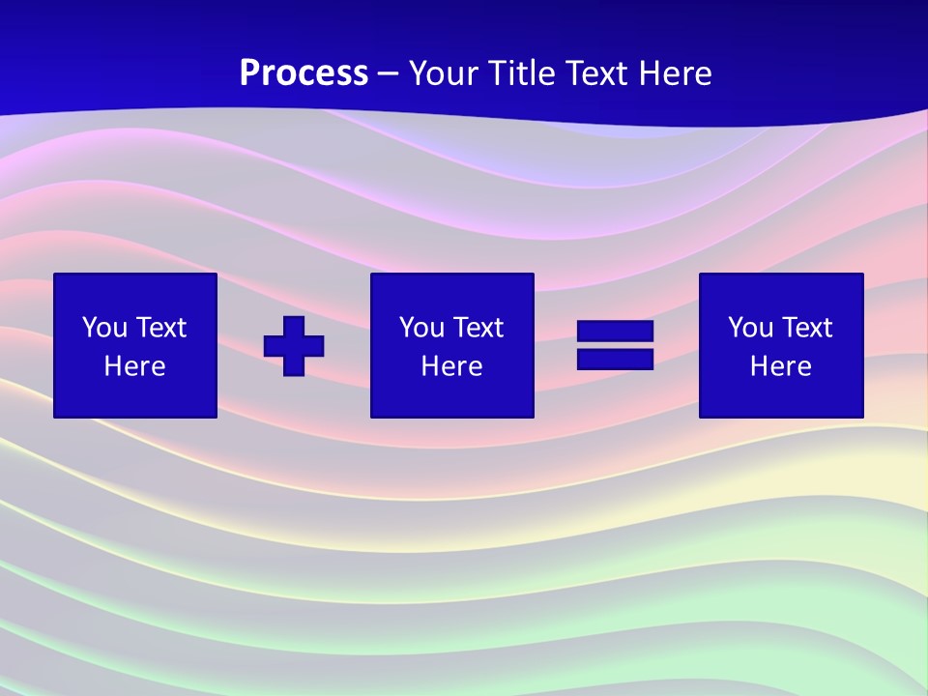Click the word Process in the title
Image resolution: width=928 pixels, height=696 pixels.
click(x=304, y=73)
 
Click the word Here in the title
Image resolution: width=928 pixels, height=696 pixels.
click(x=677, y=73)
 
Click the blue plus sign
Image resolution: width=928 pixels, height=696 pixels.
click(x=294, y=346)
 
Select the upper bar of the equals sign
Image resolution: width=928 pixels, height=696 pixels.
click(x=615, y=332)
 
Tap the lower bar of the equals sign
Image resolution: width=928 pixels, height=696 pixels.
click(x=615, y=359)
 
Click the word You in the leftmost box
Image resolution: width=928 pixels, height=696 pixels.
click(x=104, y=328)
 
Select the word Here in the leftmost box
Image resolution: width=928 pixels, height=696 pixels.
click(x=134, y=366)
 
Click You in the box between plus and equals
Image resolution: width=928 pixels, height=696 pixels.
click(x=421, y=328)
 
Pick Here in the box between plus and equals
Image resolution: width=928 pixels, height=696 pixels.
click(x=451, y=366)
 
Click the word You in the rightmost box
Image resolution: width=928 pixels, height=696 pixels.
click(x=750, y=328)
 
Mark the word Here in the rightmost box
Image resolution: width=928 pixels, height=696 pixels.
click(x=780, y=366)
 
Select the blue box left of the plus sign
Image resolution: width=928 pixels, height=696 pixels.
click(x=134, y=396)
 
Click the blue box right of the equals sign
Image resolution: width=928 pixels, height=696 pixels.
click(x=780, y=396)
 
